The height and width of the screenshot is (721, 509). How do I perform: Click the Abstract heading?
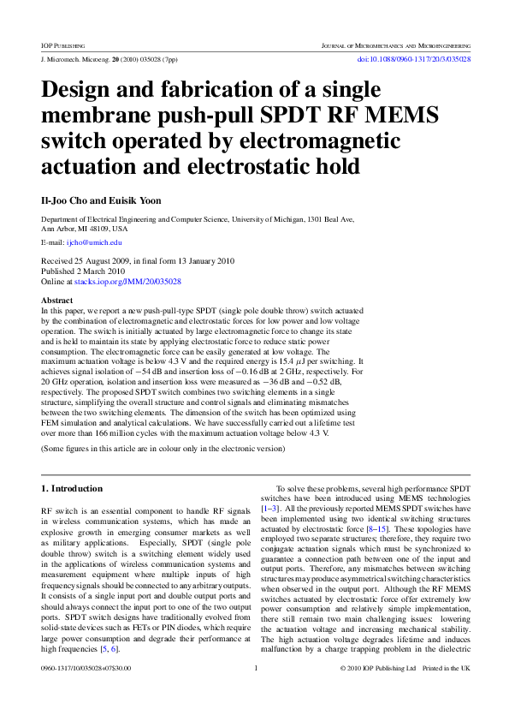[57, 301]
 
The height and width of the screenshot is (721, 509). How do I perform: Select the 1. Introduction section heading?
[73, 488]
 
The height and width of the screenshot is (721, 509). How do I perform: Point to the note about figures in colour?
[163, 448]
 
